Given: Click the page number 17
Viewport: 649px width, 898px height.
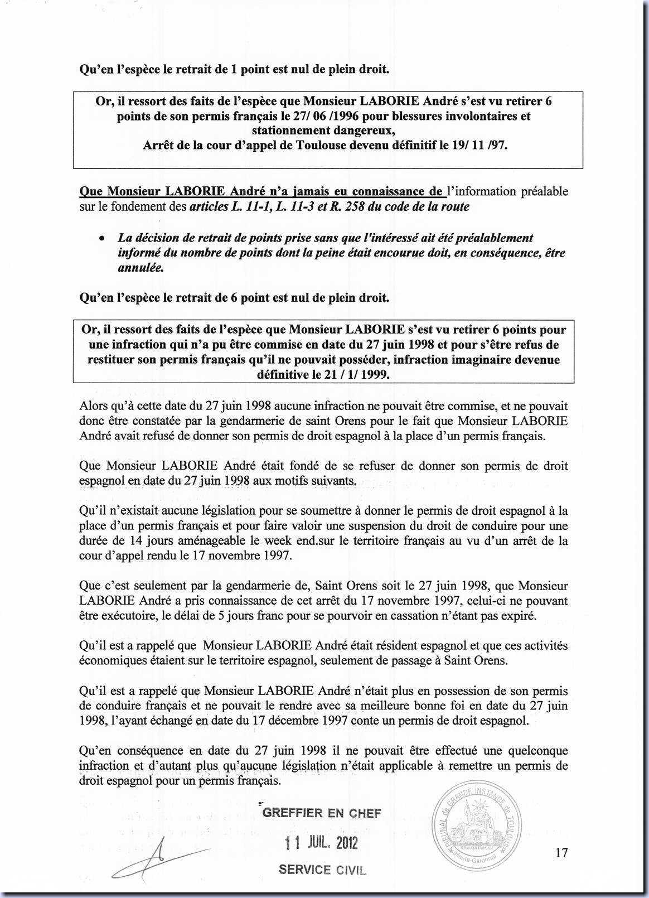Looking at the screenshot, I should (x=561, y=852).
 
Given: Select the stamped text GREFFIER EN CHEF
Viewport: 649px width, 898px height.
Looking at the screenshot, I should (x=322, y=813).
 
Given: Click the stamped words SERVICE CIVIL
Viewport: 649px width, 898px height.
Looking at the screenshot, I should (x=322, y=869).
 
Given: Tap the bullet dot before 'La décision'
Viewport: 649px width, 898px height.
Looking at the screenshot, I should (x=101, y=238).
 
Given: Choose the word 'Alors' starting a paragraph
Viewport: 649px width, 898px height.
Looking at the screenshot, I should (x=95, y=406).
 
